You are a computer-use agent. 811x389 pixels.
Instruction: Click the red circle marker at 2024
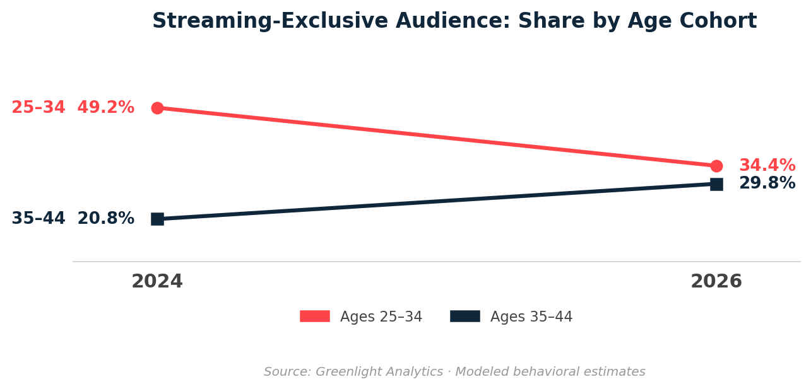pos(157,108)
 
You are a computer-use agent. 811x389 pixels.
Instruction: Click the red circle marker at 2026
pos(716,166)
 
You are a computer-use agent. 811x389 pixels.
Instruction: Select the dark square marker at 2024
pos(157,219)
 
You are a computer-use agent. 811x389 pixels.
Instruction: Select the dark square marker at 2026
pos(716,184)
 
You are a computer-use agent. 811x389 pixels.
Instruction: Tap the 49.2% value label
pos(105,108)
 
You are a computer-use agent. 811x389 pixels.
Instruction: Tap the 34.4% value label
pos(767,166)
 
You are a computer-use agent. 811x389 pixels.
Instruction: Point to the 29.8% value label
pos(767,183)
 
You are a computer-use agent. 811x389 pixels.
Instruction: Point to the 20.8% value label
pos(105,219)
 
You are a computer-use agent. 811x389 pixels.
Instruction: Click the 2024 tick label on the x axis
pos(157,282)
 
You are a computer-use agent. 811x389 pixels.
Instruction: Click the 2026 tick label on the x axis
pos(716,282)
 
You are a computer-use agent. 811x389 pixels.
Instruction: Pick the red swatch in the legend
pos(314,316)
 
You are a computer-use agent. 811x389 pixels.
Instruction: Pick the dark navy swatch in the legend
pos(465,316)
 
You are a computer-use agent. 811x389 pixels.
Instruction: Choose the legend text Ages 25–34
pos(381,317)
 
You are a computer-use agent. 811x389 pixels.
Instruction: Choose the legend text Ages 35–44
pos(531,317)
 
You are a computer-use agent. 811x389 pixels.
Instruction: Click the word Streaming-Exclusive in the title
pos(270,21)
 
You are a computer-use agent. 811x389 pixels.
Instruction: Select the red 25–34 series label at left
pos(38,108)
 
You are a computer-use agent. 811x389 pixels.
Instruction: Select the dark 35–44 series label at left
pos(38,219)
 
